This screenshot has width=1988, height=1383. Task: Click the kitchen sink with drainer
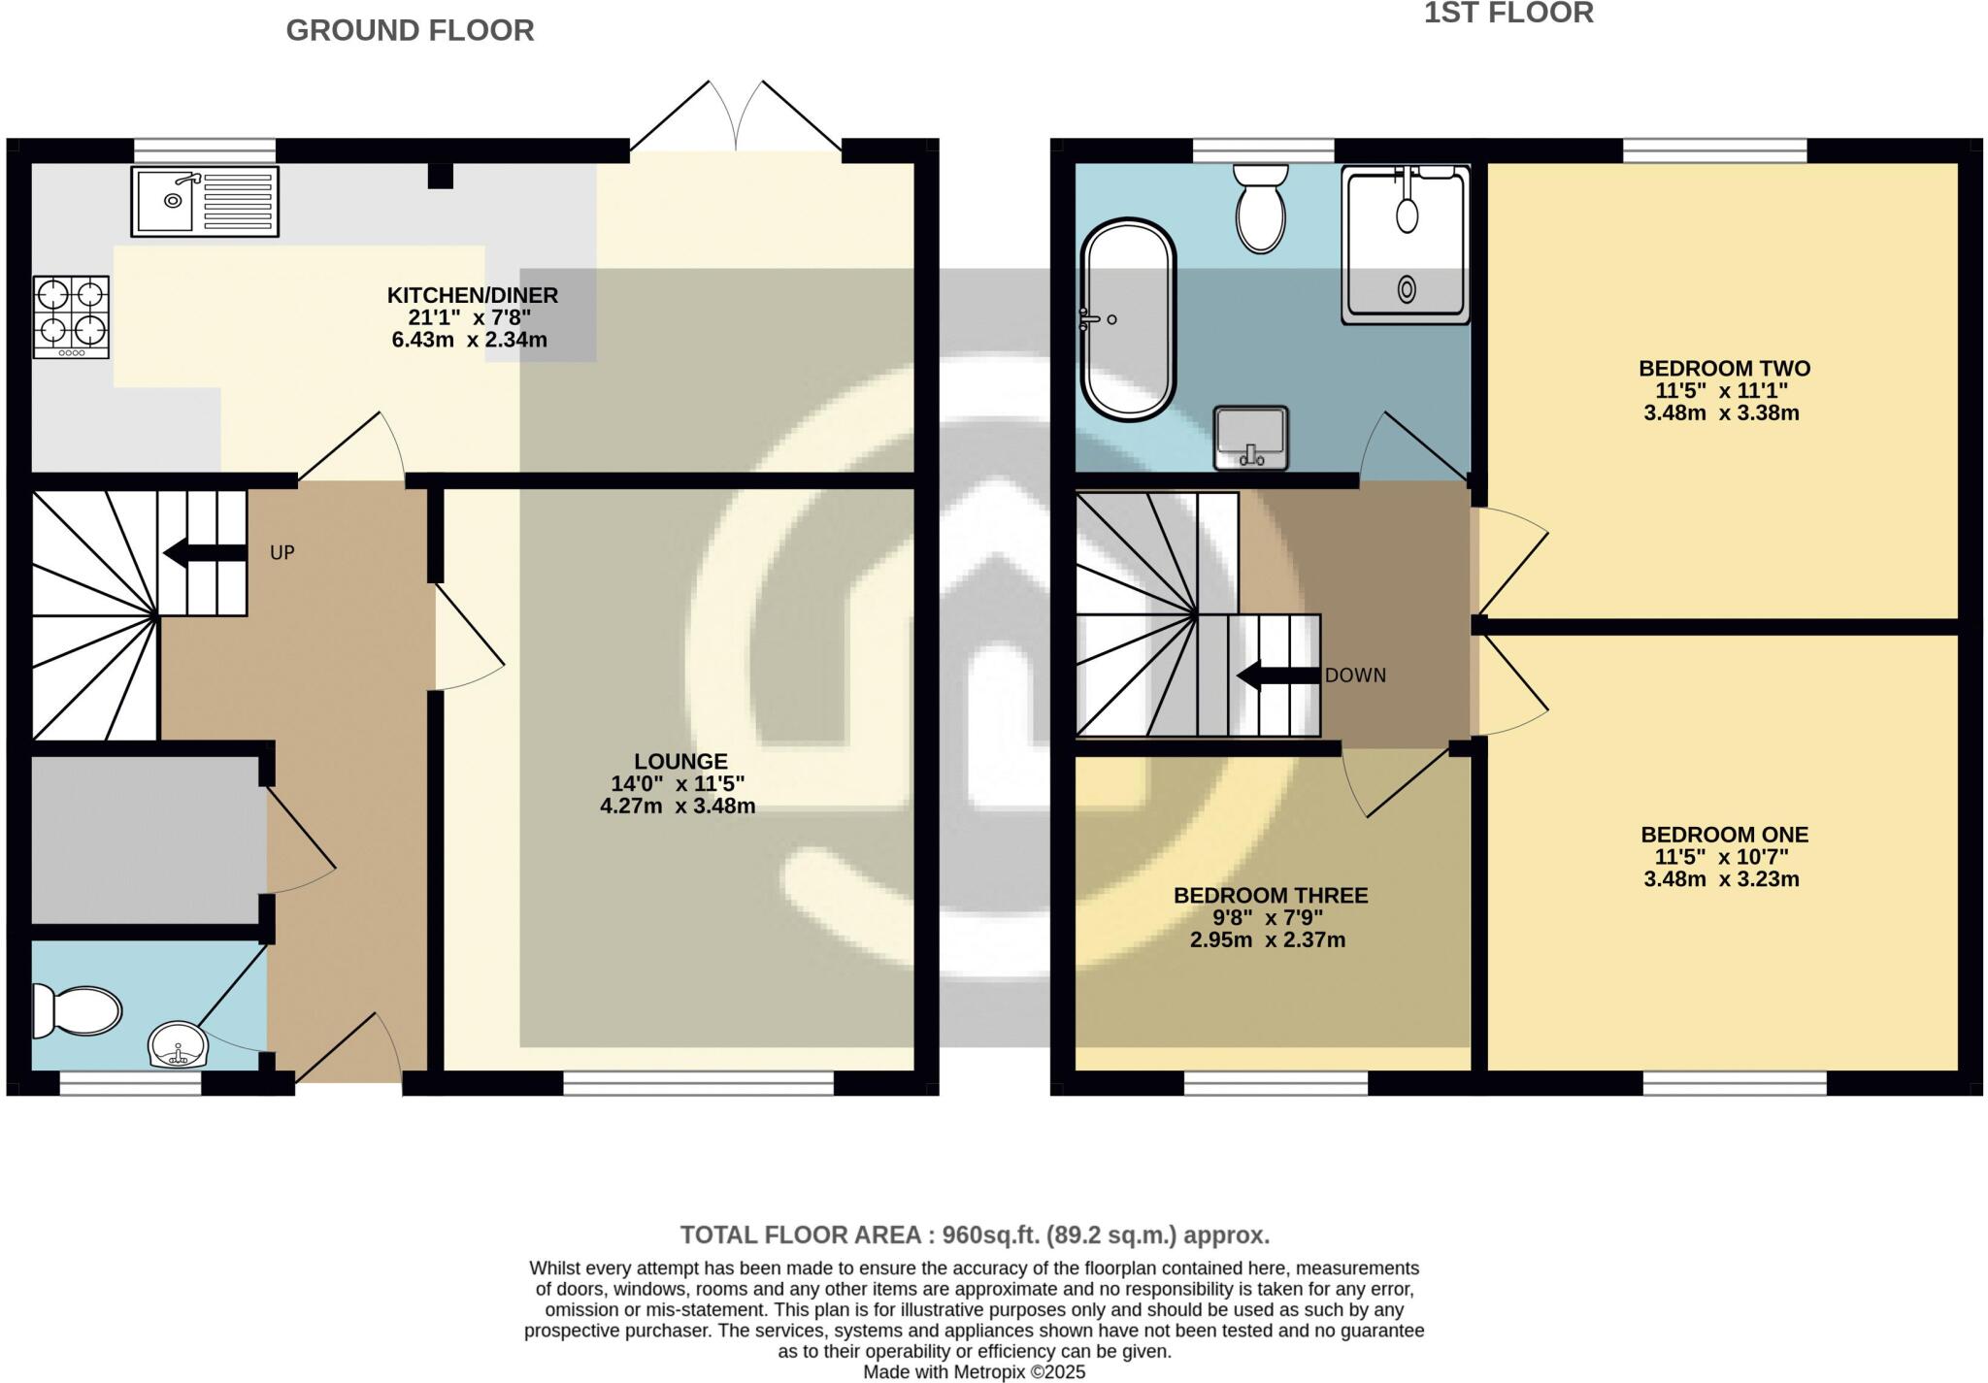coord(205,202)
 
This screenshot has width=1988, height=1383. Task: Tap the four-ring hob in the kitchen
coord(71,316)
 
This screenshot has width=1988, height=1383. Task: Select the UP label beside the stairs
coord(282,553)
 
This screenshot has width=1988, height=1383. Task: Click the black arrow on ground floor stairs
coord(204,553)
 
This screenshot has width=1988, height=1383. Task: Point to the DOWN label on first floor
coord(1355,675)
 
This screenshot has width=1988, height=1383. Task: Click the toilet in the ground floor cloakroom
coord(76,1011)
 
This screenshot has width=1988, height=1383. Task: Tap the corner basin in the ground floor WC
coord(177,1045)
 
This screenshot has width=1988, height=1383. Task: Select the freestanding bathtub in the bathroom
coord(1127,319)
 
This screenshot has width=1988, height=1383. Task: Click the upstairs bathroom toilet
coord(1260,208)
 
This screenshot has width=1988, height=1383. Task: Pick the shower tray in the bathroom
coord(1406,245)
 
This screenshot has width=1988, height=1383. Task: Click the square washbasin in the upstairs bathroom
coord(1250,438)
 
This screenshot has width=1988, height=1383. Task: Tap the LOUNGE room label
coord(680,762)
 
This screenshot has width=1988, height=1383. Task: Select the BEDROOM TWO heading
coord(1724,369)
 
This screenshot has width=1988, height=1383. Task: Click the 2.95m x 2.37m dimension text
coord(1268,939)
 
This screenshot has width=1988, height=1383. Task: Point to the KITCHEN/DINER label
coord(473,295)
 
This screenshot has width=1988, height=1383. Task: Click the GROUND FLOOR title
coord(410,31)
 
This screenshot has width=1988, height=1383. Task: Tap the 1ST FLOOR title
coord(1508,14)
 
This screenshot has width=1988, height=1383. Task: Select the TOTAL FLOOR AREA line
coord(975,1235)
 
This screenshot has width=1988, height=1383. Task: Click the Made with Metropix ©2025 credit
coord(975,1372)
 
